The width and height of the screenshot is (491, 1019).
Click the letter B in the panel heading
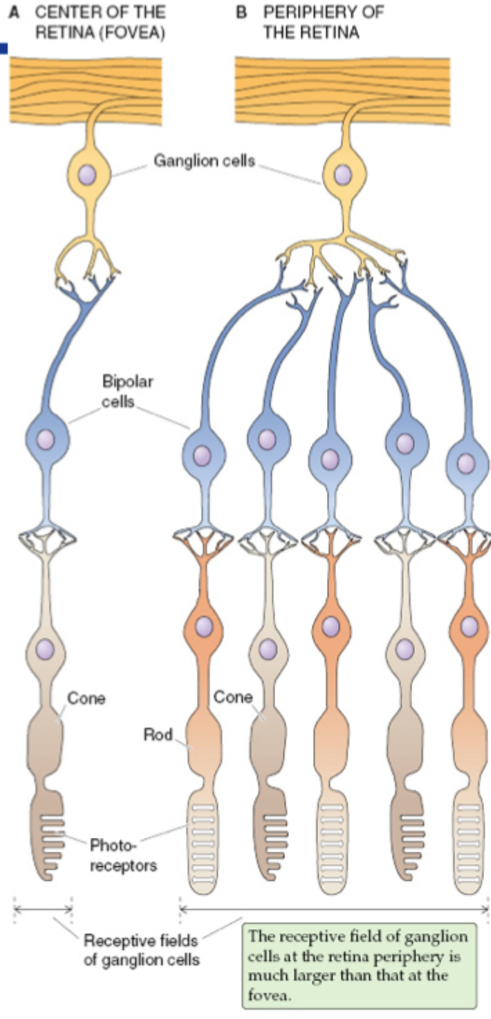tap(241, 13)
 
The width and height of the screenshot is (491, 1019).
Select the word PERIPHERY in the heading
tap(324, 13)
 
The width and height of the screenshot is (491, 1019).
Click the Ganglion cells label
tap(204, 162)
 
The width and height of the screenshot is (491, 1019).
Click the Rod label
tap(157, 734)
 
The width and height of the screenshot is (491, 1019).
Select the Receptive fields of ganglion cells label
tap(140, 949)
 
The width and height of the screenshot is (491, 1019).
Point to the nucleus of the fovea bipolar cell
tap(46, 438)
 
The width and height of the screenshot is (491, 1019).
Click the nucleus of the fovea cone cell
tap(46, 648)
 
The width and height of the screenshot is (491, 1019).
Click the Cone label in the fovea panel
tap(86, 698)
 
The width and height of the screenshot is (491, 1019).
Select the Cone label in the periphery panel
tap(232, 697)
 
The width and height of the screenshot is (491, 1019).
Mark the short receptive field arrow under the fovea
tap(43, 908)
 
